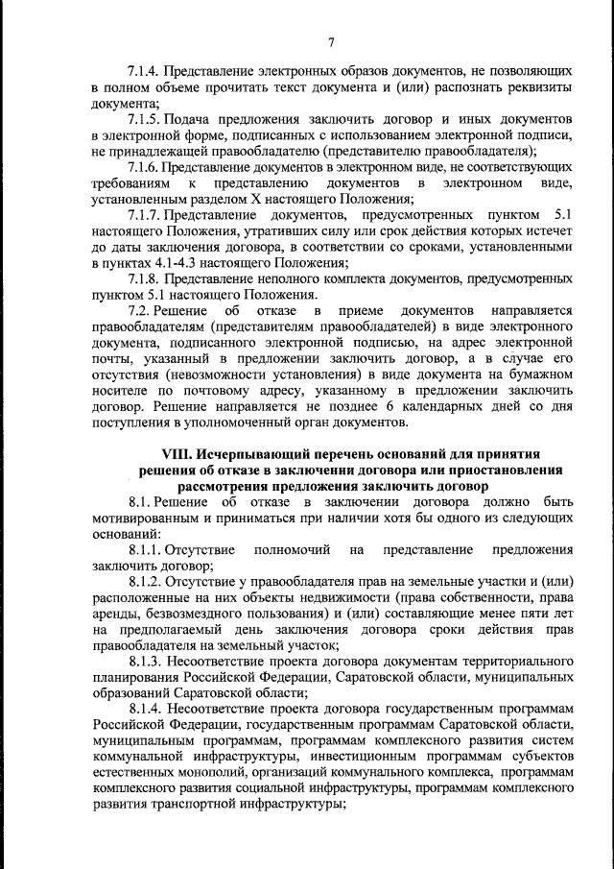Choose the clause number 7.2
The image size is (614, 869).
pos(139,310)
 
